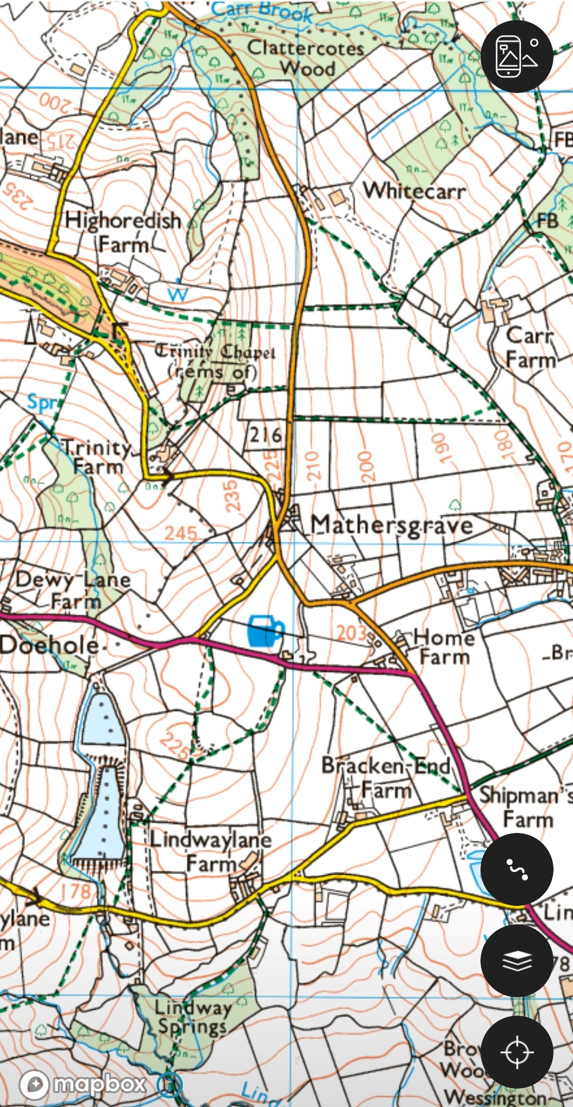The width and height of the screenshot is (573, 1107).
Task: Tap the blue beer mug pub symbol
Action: [265, 630]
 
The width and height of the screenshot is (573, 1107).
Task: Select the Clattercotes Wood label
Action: [306, 57]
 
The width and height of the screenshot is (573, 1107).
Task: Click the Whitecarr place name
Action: [414, 191]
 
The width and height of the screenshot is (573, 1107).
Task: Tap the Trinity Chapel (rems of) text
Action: [215, 361]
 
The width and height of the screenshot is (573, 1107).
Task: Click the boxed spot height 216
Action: [265, 434]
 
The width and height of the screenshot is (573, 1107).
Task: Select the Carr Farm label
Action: [530, 347]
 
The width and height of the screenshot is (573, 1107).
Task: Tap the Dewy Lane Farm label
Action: [73, 590]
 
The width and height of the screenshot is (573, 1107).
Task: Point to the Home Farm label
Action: [444, 647]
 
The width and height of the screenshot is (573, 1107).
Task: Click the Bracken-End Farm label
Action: [386, 777]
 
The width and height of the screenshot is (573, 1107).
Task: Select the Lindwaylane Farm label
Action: [211, 851]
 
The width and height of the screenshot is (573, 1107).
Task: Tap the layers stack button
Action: [517, 961]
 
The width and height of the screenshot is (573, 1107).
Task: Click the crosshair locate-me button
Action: [517, 1052]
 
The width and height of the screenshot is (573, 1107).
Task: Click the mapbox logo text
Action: [100, 1083]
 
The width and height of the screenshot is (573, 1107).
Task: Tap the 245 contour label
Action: [180, 534]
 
